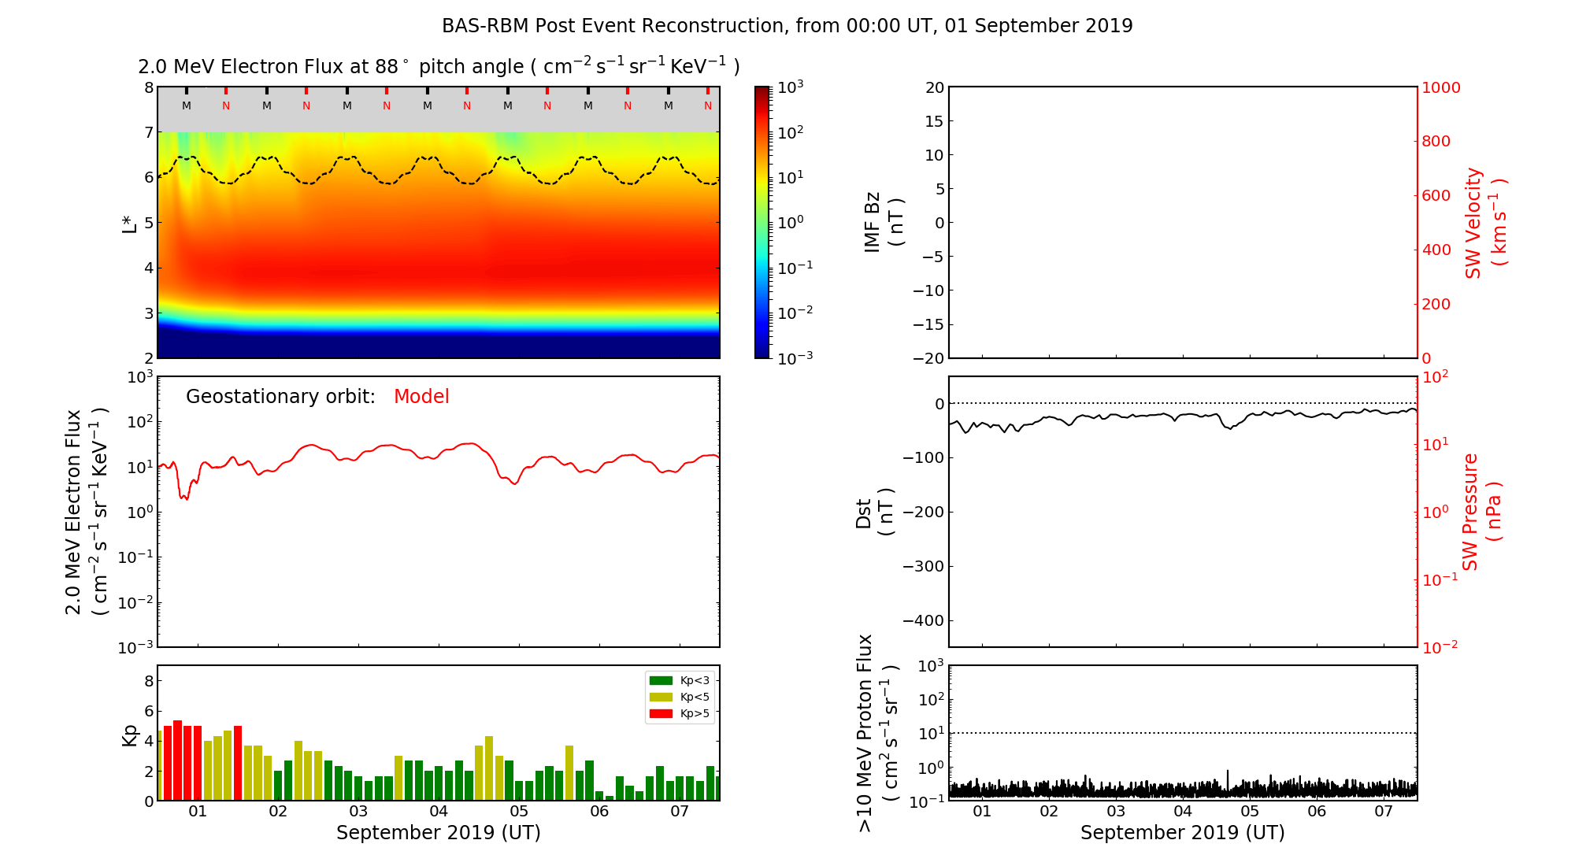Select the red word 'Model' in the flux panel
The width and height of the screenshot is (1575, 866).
421,397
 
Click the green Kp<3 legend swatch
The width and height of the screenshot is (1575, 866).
660,681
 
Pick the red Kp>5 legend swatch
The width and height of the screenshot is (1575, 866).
660,714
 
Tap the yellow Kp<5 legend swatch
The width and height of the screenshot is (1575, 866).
660,698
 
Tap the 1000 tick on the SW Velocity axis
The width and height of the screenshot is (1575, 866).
1440,88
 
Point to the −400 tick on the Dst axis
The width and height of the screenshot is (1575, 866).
922,621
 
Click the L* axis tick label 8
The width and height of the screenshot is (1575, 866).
149,88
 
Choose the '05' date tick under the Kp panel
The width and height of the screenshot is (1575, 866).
519,812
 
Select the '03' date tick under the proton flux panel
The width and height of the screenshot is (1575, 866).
1116,812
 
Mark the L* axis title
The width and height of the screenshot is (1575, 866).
129,223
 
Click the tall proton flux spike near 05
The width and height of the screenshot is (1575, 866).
1227,775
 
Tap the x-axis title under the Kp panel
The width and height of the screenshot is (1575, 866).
439,833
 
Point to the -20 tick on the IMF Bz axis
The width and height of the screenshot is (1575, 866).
928,358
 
